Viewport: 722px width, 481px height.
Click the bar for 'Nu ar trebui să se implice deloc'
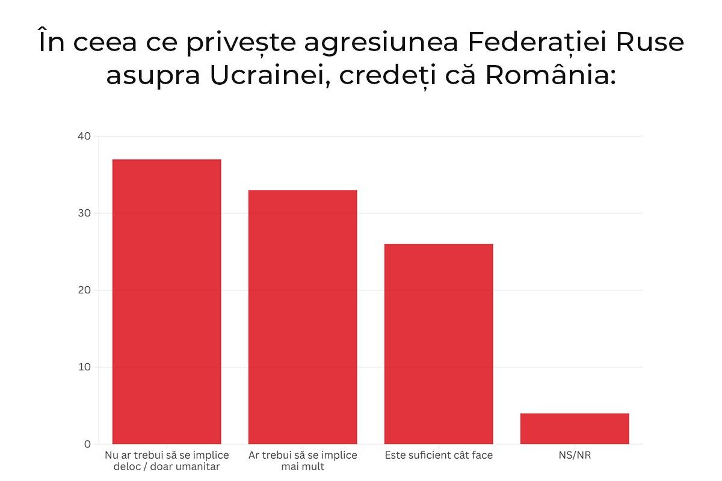(x=167, y=301)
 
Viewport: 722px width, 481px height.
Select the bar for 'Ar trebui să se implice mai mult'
(x=303, y=317)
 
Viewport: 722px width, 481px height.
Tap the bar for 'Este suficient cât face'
(x=439, y=344)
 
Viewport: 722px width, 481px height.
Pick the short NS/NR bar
(x=575, y=429)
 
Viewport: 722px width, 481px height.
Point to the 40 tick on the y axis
(x=84, y=136)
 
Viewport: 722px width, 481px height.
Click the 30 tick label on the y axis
(x=84, y=213)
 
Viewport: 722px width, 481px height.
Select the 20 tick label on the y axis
(x=84, y=290)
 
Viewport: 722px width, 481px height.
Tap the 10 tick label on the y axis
(x=84, y=367)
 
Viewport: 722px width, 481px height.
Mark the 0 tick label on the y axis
(x=87, y=444)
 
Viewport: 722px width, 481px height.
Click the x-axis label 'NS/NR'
(x=575, y=455)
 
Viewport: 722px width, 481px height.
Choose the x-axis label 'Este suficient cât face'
(x=439, y=455)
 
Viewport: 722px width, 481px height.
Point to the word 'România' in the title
(x=549, y=76)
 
